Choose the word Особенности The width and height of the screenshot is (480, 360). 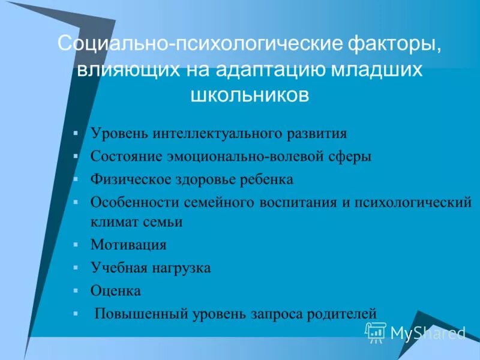click(x=128, y=202)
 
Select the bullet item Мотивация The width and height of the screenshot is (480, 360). click(x=128, y=245)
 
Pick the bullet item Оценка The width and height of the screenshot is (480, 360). click(x=115, y=291)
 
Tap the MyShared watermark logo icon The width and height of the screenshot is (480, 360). click(x=376, y=331)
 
